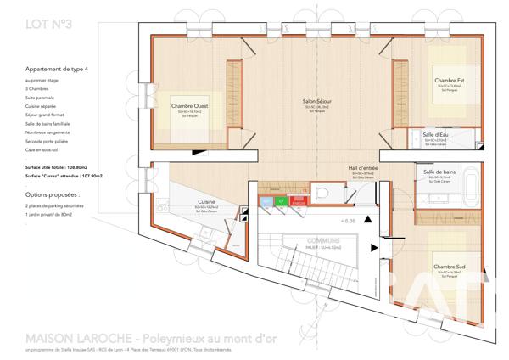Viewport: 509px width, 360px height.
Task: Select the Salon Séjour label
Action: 317,102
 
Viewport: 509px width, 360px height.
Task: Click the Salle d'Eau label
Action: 436,135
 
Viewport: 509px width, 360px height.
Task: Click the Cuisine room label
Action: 206,202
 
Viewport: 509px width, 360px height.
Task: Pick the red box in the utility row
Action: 298,202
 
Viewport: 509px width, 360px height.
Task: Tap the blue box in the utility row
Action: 266,202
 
